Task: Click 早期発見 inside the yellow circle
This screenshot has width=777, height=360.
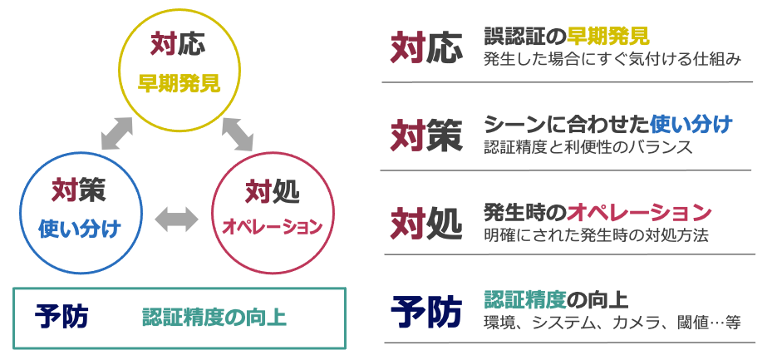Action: [x=179, y=83]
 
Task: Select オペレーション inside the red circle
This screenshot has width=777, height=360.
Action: [x=272, y=227]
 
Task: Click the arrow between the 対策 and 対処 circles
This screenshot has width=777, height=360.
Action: [x=177, y=219]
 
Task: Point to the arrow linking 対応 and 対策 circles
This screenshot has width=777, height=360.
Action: [x=116, y=134]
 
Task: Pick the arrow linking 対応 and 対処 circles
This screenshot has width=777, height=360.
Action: [x=237, y=133]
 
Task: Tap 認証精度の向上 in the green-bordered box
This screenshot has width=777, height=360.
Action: [x=214, y=318]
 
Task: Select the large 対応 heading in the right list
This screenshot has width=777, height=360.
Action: [x=425, y=49]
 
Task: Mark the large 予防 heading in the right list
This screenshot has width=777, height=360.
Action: [x=425, y=312]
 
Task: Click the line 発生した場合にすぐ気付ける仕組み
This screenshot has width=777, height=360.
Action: [x=611, y=60]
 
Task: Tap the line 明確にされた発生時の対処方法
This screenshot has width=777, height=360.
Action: [x=596, y=234]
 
